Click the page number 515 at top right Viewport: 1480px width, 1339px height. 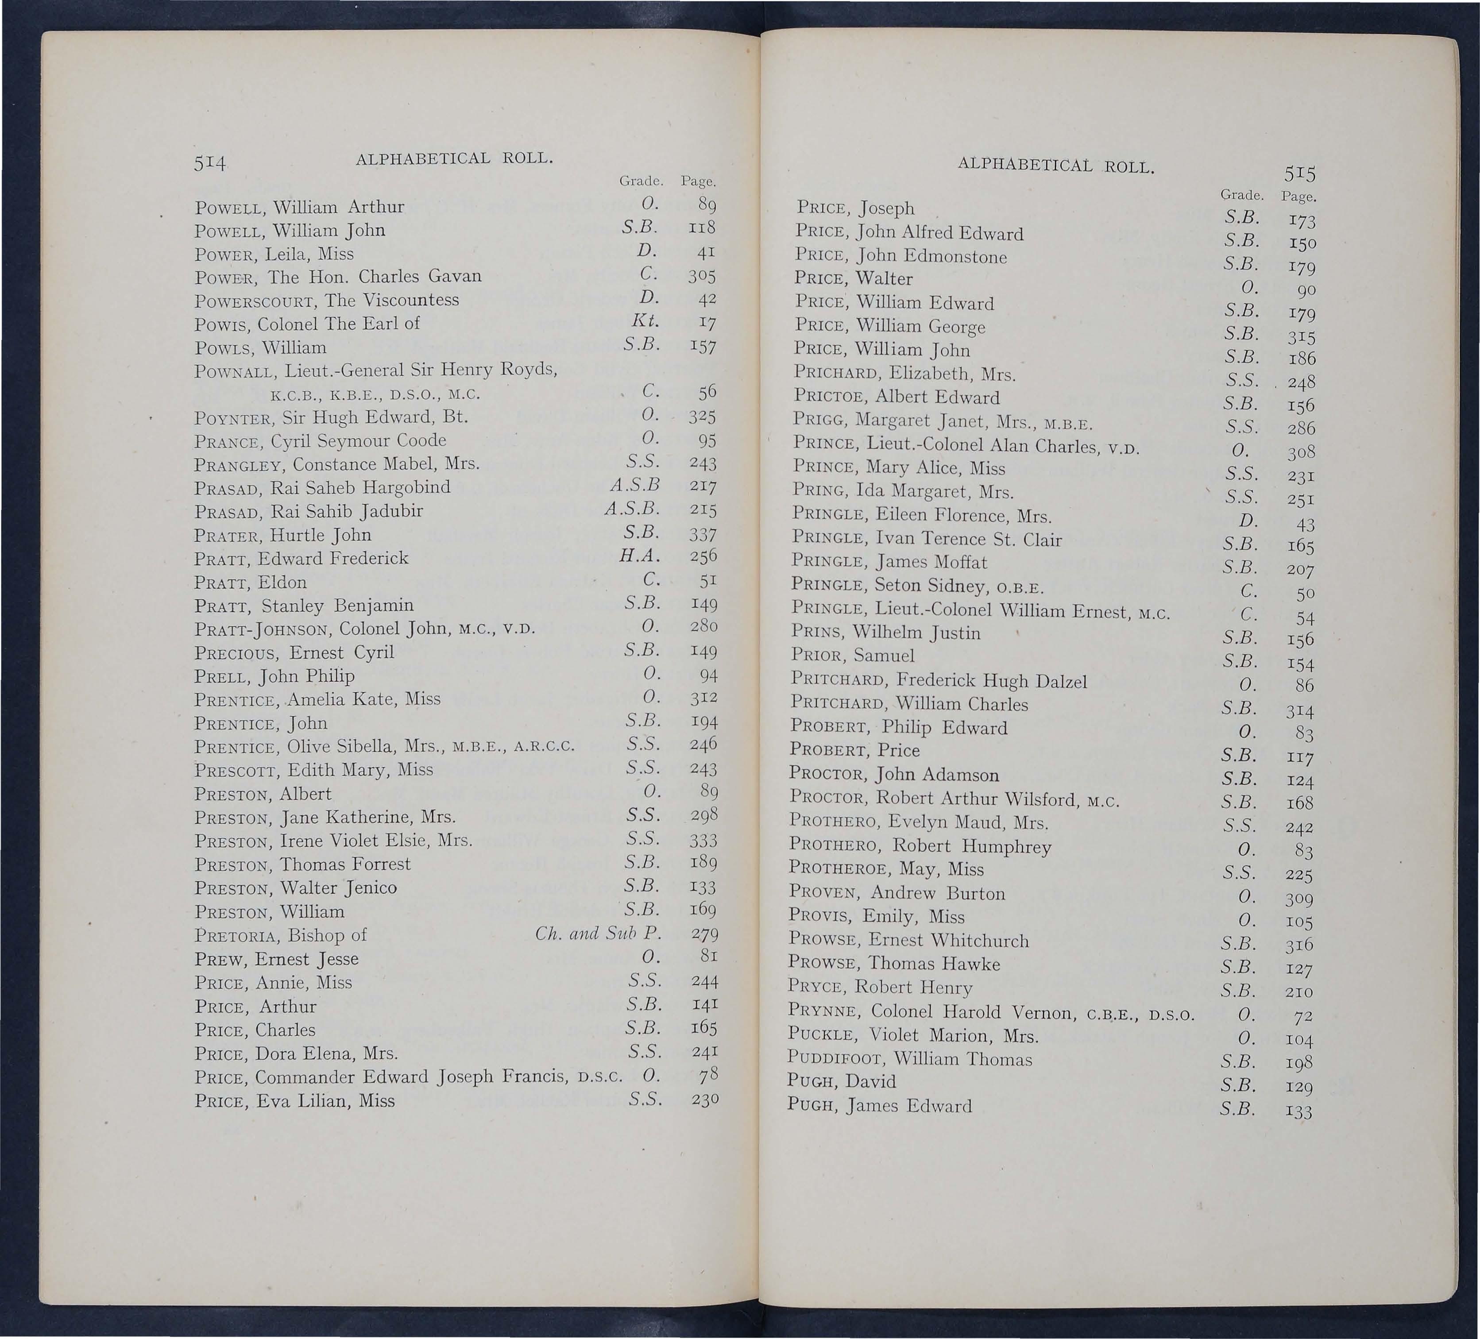[1300, 174]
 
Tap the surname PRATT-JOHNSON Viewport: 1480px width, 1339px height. [265, 630]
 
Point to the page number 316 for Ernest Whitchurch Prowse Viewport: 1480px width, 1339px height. [1298, 945]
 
